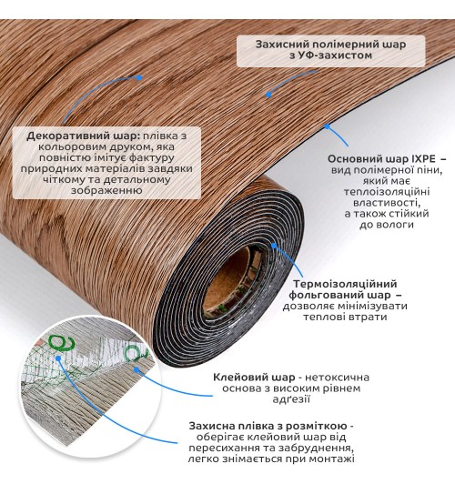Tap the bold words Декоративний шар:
tap(83, 136)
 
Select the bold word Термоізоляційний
tap(346, 284)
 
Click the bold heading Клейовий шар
tap(254, 378)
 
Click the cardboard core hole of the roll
tap(232, 279)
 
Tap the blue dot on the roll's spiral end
tap(274, 246)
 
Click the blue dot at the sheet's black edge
tap(328, 126)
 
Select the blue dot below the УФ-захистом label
tap(268, 95)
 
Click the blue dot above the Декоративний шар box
tap(139, 77)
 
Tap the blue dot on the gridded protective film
tap(58, 358)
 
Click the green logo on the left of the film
tap(62, 344)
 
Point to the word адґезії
tap(291, 399)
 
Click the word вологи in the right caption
tap(396, 225)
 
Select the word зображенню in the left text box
tap(106, 190)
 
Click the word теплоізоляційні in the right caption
tap(387, 192)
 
